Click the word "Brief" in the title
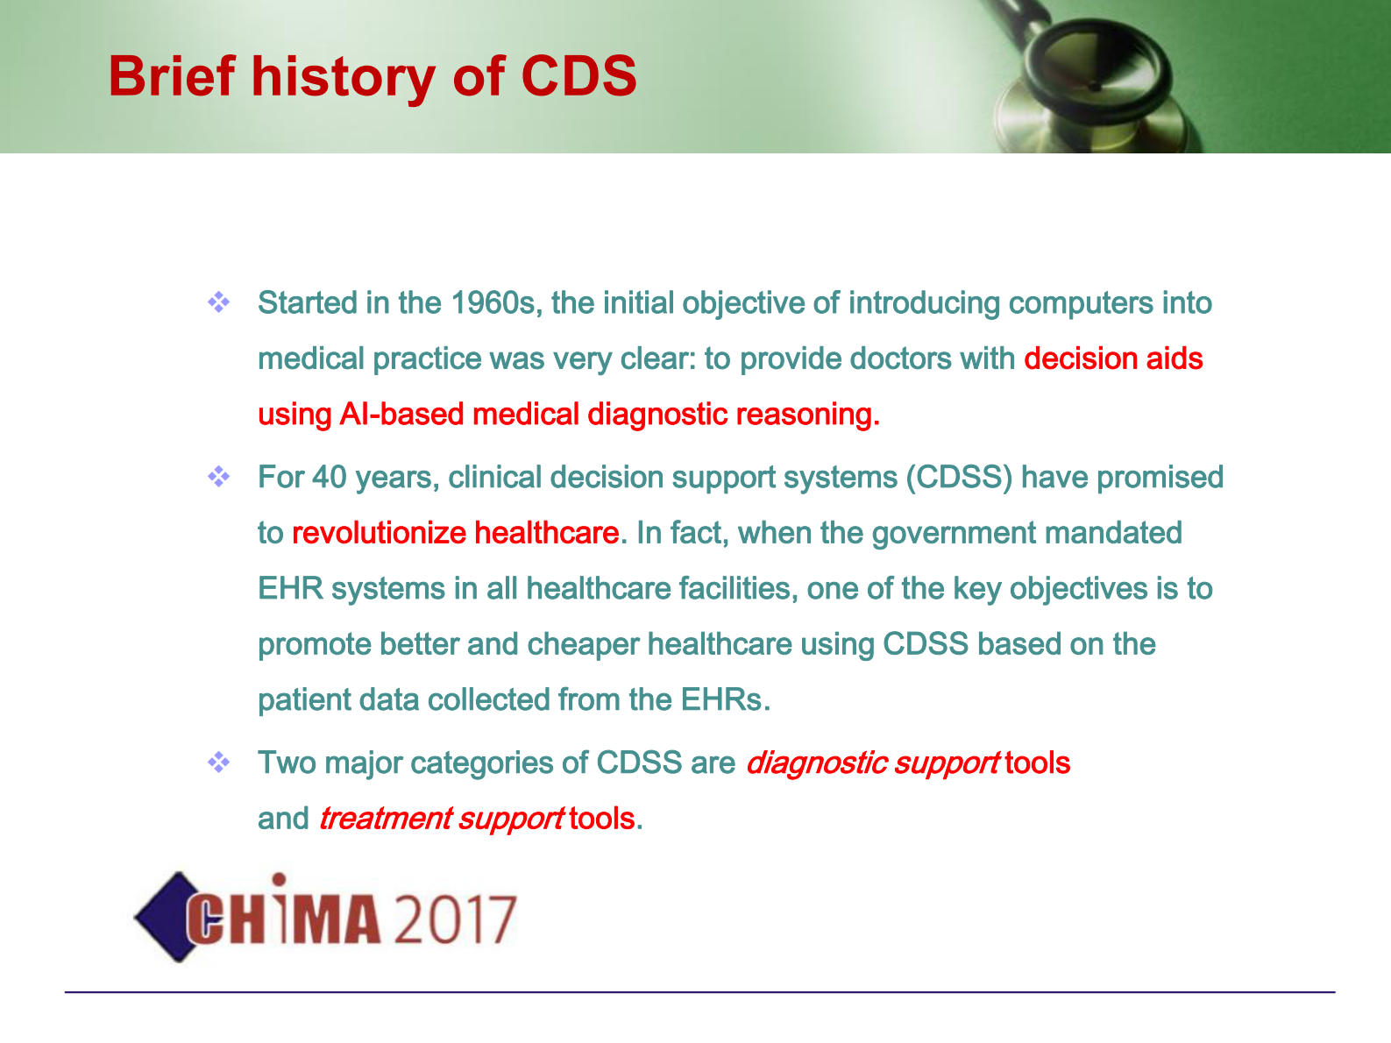click(172, 76)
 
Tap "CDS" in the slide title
click(578, 76)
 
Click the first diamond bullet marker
click(218, 302)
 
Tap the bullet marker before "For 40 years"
click(218, 477)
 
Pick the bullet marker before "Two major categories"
click(218, 762)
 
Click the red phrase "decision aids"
click(1113, 358)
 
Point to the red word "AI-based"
click(401, 415)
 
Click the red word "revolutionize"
click(379, 533)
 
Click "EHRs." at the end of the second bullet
click(726, 700)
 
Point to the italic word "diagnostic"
click(817, 763)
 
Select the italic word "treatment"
click(386, 819)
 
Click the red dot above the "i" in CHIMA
click(279, 879)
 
